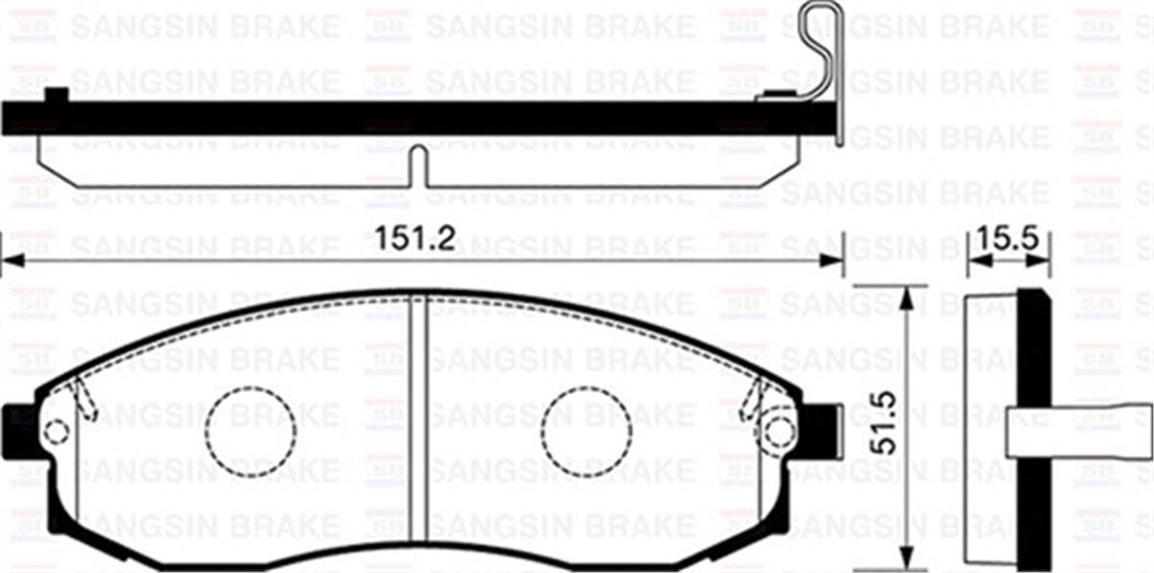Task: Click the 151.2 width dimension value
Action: [414, 239]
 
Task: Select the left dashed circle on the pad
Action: [249, 432]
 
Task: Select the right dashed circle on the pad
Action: [587, 432]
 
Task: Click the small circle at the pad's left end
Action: [57, 433]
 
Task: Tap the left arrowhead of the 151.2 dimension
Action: [12, 260]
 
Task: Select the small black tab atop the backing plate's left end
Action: [58, 94]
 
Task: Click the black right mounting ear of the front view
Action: [818, 428]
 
